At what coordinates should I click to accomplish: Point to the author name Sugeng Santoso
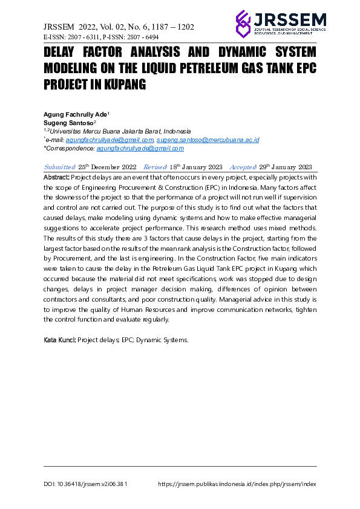pyautogui.click(x=68, y=122)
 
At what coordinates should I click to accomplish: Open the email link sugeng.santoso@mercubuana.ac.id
pyautogui.click(x=208, y=140)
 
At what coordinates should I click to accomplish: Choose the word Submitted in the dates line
pyautogui.click(x=60, y=167)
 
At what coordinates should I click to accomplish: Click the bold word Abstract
pyautogui.click(x=57, y=178)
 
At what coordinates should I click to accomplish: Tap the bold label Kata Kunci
pyautogui.click(x=59, y=340)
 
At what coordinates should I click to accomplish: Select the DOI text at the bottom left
pyautogui.click(x=85, y=484)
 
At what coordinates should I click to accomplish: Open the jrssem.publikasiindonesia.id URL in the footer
pyautogui.click(x=237, y=484)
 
